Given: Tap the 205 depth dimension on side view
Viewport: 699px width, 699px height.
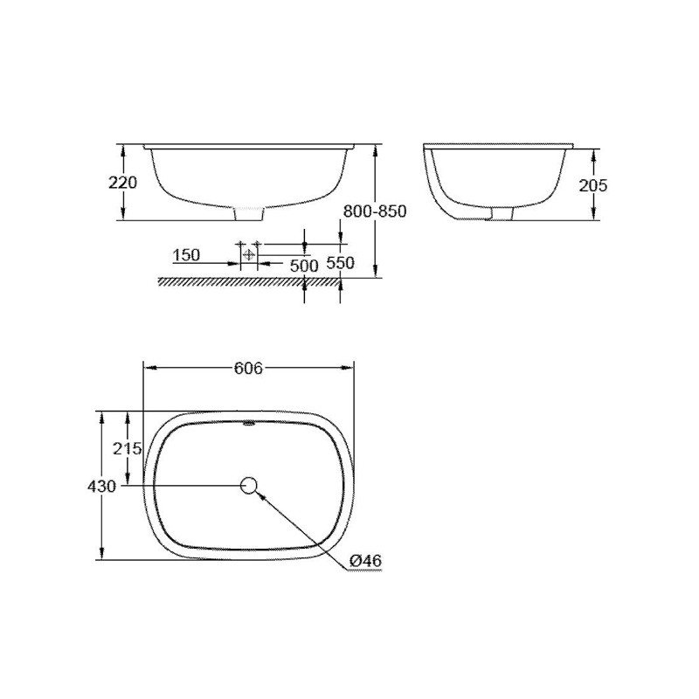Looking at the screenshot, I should (x=593, y=184).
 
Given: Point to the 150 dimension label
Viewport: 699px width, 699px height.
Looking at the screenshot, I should (x=186, y=255).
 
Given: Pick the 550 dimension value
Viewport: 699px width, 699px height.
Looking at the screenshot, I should (x=341, y=262).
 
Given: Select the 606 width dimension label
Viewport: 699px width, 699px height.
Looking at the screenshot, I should (x=249, y=368).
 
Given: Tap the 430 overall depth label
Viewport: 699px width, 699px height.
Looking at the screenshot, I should (x=103, y=486).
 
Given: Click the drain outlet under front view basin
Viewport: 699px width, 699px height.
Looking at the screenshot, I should (x=250, y=213).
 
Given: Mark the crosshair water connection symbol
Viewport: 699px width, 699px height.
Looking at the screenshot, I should (x=250, y=254).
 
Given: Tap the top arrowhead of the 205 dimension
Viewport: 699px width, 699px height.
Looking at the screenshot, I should (x=593, y=152).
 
